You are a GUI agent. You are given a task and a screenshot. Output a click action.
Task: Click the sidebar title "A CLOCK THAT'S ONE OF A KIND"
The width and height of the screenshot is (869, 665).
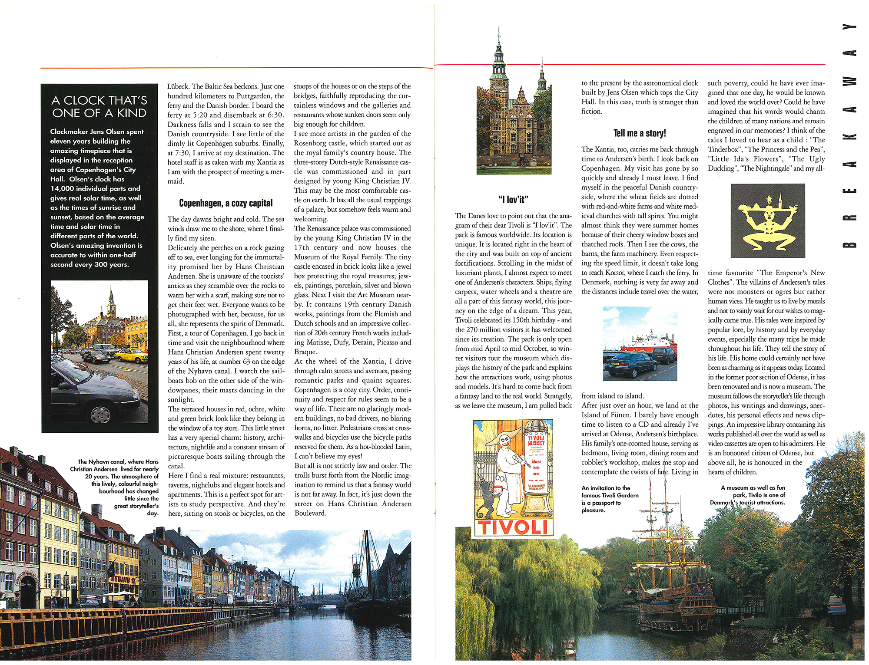pyautogui.click(x=100, y=107)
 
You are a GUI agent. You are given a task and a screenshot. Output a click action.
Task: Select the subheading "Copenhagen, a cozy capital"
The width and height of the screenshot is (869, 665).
pyautogui.click(x=226, y=203)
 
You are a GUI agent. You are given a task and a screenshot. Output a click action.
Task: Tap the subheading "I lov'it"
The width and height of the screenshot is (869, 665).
pyautogui.click(x=513, y=200)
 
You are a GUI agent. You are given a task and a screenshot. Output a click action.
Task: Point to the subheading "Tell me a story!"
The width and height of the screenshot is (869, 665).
pyautogui.click(x=639, y=133)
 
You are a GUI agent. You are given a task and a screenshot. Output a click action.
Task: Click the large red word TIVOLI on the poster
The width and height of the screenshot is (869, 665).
pyautogui.click(x=512, y=527)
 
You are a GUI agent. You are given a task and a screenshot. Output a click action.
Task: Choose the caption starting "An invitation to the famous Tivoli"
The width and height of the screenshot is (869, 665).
pyautogui.click(x=610, y=499)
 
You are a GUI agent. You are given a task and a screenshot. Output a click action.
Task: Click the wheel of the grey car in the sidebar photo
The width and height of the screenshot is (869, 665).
pyautogui.click(x=101, y=414)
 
